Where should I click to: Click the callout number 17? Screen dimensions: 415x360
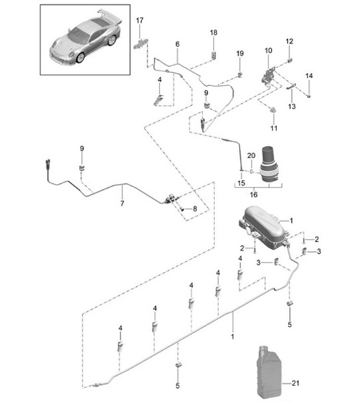[139, 21]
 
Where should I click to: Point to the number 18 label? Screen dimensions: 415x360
[213, 32]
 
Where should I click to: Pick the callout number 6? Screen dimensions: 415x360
[177, 44]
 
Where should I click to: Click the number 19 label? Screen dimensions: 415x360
[240, 53]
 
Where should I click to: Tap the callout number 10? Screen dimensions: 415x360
[268, 51]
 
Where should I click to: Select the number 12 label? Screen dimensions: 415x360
[289, 42]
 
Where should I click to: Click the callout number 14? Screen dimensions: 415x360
[308, 77]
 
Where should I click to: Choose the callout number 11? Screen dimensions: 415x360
[273, 128]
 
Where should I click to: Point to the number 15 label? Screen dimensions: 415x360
[241, 183]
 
